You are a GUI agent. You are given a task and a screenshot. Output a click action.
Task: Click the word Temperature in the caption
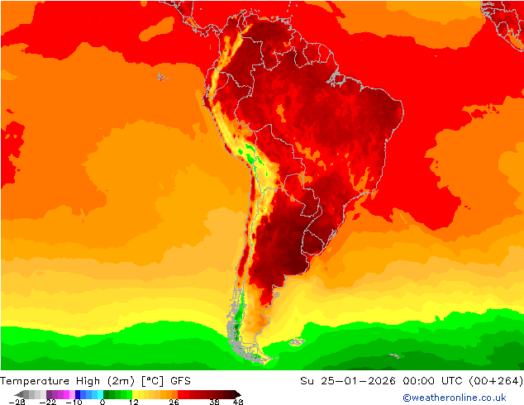click(40, 380)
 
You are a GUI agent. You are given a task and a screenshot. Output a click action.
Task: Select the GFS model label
click(181, 380)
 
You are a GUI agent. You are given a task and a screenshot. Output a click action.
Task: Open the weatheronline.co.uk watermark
click(455, 398)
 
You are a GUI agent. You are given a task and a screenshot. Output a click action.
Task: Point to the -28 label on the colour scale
click(17, 402)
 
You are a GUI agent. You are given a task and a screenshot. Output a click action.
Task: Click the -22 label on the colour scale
click(48, 402)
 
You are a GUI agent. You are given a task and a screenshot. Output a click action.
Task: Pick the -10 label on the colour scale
click(74, 402)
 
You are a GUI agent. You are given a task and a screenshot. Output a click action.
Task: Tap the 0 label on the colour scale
click(102, 402)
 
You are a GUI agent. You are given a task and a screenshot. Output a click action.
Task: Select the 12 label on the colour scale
click(133, 402)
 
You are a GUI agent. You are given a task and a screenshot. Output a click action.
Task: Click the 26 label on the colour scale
click(174, 402)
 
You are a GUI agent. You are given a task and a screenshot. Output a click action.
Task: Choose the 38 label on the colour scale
click(214, 402)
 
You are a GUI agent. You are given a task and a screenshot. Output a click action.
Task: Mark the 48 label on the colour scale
click(237, 402)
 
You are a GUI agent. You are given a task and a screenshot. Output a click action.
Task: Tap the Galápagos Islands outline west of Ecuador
click(160, 77)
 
